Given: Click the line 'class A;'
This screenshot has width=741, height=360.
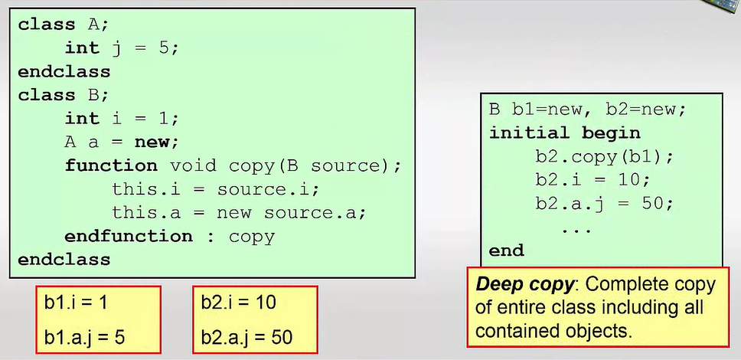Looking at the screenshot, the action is pos(64,25).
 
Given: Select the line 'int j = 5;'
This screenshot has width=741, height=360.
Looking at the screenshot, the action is pos(122,48).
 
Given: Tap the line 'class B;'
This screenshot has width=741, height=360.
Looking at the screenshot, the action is pos(64,95).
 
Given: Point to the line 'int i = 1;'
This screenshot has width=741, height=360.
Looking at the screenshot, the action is pos(122,119).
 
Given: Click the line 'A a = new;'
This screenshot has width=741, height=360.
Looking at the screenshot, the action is pos(122,142).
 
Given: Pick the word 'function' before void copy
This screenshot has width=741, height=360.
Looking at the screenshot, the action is pos(111,165).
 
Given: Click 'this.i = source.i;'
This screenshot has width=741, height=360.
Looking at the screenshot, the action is pos(216,189).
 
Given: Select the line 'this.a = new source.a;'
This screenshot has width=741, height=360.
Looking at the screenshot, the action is pos(239,212).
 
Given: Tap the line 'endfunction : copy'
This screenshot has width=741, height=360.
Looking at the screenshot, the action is pos(170,236).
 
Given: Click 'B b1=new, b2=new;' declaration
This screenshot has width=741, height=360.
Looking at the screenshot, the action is pos(587,110).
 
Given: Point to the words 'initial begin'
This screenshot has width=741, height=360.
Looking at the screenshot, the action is pos(565,133).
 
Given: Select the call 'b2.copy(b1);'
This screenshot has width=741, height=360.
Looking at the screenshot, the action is pos(605,156).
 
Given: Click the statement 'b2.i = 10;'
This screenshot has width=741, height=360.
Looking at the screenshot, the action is pos(593,180).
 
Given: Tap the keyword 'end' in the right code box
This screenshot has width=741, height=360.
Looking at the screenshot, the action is pos(507,250).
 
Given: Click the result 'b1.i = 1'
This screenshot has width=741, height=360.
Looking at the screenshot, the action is pos(76,303).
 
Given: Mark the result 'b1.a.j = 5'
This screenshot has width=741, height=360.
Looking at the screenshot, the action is pos(85,337).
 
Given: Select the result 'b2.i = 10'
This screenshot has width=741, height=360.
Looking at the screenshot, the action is pos(239,303).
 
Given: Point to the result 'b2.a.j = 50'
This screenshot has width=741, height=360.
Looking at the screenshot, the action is pos(247,337).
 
